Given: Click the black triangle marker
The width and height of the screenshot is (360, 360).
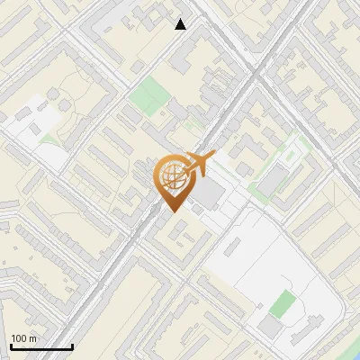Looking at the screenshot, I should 181,24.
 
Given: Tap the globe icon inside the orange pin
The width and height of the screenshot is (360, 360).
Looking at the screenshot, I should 172,176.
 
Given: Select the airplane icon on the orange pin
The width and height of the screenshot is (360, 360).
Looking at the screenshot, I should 197,164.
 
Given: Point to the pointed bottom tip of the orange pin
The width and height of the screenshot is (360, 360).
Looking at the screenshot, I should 172,212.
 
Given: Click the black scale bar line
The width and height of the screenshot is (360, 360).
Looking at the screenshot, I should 41,346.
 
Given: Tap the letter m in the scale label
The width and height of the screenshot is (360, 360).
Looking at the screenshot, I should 32,338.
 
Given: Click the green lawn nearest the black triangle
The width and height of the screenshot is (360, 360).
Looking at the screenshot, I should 147,94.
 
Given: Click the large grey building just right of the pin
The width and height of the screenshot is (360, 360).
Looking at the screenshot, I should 210,194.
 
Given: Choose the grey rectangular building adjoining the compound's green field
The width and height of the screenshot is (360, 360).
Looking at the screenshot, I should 270,325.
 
